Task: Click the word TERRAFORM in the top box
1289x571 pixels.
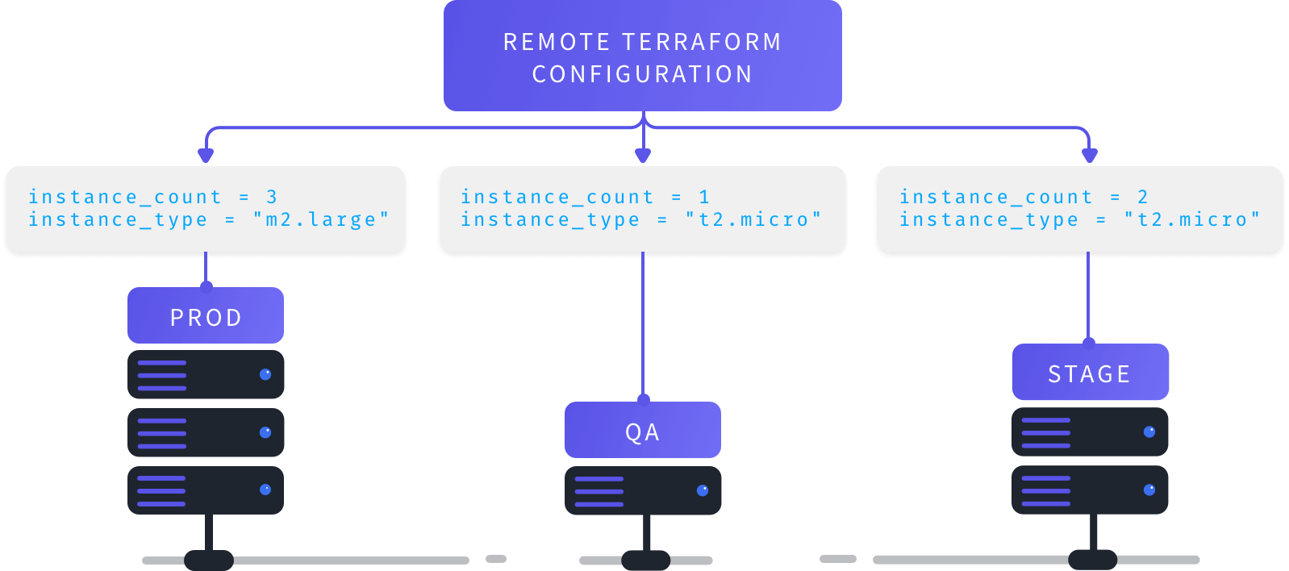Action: tap(701, 42)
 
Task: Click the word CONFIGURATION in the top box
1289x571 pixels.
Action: tap(642, 74)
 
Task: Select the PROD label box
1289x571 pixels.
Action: tap(206, 316)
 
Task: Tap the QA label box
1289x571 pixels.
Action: tap(643, 431)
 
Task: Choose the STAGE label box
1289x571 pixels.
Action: tap(1090, 373)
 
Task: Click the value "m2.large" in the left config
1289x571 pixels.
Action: tap(321, 219)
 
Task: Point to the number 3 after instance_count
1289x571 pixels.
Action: tap(272, 197)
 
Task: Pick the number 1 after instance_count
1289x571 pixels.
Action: tap(704, 197)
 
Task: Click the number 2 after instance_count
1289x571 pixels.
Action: tap(1142, 197)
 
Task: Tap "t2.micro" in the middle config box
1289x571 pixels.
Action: tap(753, 219)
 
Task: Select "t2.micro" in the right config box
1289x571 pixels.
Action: tap(1192, 219)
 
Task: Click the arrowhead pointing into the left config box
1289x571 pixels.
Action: tap(206, 155)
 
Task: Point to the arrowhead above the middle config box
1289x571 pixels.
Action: tap(643, 155)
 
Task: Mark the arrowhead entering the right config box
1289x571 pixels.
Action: tap(1090, 155)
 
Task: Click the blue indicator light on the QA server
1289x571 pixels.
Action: tap(703, 490)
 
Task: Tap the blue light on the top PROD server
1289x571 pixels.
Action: tap(265, 374)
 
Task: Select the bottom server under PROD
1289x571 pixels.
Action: tap(206, 490)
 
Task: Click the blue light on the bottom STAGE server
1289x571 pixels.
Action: tap(1149, 490)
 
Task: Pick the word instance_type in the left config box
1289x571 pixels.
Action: tap(118, 219)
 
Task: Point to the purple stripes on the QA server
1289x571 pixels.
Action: tap(599, 491)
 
